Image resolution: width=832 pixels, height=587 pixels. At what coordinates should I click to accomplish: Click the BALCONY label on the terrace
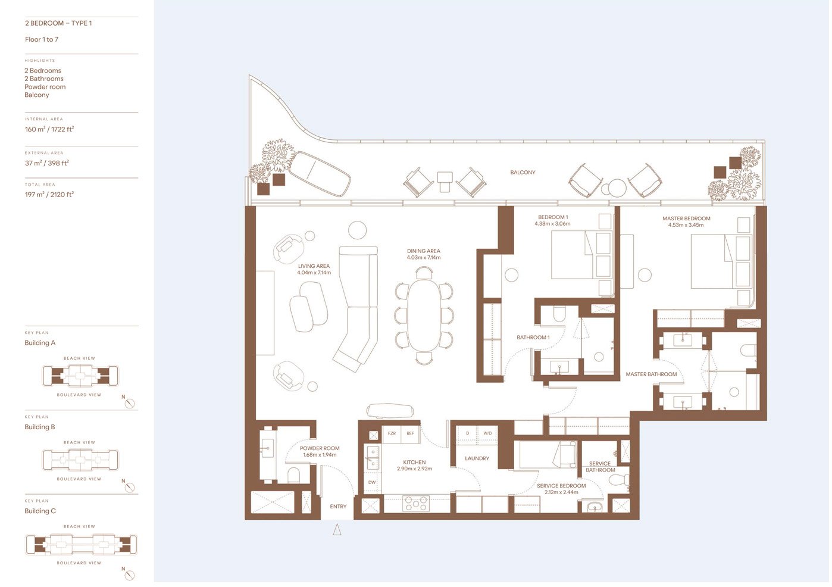tap(523, 173)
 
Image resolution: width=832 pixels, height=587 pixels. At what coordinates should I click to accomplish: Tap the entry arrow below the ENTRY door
tap(337, 529)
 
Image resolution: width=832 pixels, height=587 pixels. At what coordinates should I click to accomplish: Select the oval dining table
tap(424, 315)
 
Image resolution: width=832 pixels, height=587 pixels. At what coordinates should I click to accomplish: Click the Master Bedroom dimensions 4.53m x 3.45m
tap(686, 225)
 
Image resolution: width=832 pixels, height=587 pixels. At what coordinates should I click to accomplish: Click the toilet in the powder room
tap(293, 474)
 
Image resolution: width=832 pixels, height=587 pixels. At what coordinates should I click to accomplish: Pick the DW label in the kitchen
tap(372, 482)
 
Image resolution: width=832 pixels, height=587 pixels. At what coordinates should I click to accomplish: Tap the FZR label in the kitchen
tap(392, 433)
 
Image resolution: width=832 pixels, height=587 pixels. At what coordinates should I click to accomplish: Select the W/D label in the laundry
tap(487, 433)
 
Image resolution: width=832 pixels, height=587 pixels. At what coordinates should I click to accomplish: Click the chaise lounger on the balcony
tap(319, 173)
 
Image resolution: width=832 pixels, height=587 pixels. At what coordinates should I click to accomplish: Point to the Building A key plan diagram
tap(80, 376)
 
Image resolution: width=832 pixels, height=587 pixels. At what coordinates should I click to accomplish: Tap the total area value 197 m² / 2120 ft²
tap(49, 195)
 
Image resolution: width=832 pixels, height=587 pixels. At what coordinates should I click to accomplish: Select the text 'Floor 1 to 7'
tap(42, 39)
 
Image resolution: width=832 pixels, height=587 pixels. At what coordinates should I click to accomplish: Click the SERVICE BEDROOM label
tap(561, 486)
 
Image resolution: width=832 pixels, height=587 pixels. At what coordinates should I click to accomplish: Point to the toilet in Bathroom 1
tap(559, 314)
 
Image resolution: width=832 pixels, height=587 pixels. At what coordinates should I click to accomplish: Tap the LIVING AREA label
tap(314, 266)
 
